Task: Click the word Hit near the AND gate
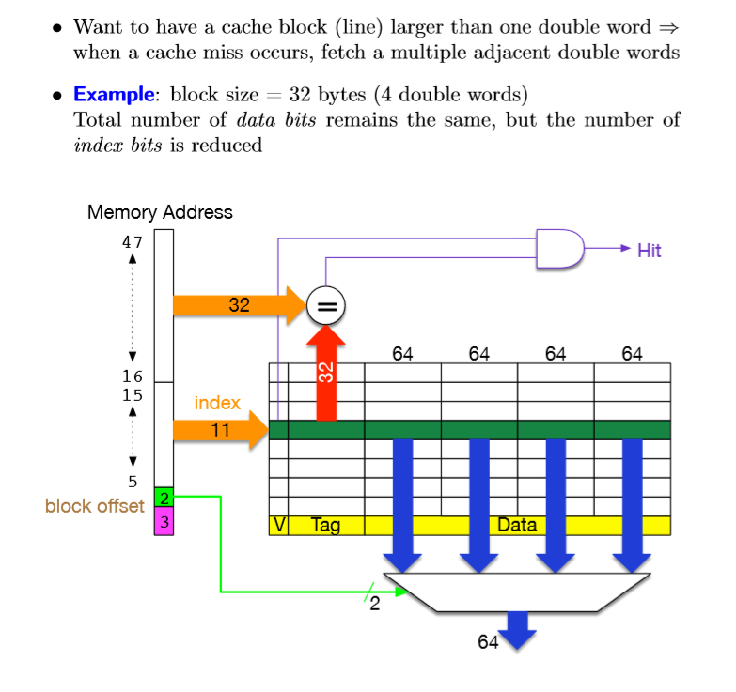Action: [649, 250]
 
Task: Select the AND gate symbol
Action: [558, 249]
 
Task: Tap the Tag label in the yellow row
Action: [325, 526]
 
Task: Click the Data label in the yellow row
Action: [516, 526]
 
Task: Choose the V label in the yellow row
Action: [278, 526]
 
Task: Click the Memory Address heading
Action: [160, 212]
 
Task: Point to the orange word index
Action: [217, 403]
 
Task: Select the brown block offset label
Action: [94, 506]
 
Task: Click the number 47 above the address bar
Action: [133, 241]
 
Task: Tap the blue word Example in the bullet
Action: [113, 94]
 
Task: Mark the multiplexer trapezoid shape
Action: [516, 592]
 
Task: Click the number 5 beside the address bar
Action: [133, 482]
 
